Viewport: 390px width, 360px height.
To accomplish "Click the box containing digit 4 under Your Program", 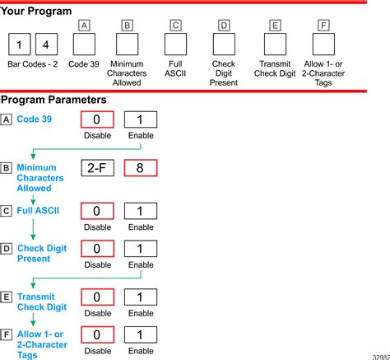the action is point(47,44).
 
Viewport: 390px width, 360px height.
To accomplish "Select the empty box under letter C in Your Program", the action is point(175,44).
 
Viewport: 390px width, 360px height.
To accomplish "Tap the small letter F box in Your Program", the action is point(323,26).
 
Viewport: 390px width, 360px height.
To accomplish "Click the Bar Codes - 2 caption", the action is point(33,64).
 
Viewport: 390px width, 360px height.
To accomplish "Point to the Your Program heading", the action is point(36,11).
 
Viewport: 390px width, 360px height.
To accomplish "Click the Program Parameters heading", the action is point(53,100).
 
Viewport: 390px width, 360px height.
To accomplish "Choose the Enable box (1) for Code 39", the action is point(141,119).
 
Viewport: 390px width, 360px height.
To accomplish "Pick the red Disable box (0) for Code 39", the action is point(97,119).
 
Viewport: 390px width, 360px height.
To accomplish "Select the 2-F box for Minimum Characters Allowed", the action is point(97,168).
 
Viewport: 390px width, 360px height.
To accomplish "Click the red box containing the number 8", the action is point(141,168).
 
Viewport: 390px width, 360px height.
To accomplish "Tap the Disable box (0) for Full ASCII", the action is point(97,211).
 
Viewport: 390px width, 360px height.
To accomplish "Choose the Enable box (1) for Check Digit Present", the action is point(141,249).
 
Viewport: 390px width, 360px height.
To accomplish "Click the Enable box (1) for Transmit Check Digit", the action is point(141,297).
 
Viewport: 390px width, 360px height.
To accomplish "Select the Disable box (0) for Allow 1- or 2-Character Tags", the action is point(97,334).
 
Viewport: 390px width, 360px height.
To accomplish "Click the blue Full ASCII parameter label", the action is point(38,211).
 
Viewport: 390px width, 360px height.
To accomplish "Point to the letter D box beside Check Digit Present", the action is point(6,249).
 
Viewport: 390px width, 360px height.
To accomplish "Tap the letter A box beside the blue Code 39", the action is point(6,119).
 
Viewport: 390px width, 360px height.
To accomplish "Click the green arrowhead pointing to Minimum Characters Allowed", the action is point(33,157).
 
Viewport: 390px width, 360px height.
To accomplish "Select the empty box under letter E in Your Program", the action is point(275,44).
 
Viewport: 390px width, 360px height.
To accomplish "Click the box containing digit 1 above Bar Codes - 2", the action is point(20,44).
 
